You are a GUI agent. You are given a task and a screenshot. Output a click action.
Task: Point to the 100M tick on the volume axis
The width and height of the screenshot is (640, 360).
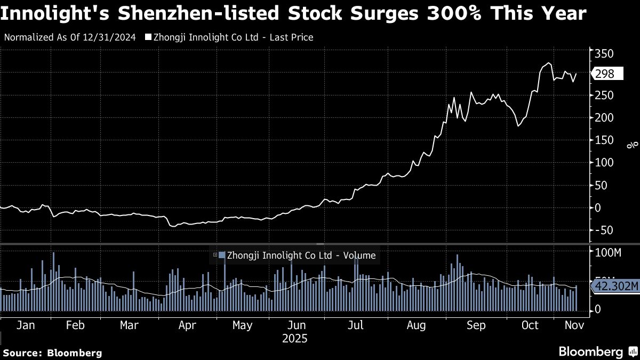click(x=607, y=252)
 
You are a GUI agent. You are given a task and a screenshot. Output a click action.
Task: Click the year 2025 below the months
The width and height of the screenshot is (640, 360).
click(x=294, y=339)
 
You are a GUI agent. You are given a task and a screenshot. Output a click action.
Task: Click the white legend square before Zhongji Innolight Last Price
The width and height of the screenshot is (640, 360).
click(x=149, y=37)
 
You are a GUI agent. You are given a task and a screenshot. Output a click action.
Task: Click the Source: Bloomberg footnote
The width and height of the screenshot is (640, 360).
click(x=52, y=353)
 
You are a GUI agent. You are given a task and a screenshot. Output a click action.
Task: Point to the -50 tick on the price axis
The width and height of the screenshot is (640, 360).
click(x=603, y=230)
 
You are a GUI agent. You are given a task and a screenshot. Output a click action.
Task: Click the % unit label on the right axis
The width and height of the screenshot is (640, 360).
click(x=632, y=144)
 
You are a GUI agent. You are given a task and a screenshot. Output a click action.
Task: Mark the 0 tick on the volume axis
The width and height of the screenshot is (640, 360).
click(x=598, y=309)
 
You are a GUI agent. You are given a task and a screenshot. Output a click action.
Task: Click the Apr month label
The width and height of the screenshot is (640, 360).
click(x=186, y=325)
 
